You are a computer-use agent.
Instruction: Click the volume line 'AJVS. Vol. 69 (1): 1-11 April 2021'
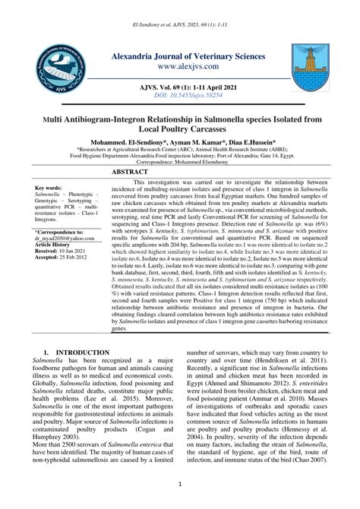[180, 89]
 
